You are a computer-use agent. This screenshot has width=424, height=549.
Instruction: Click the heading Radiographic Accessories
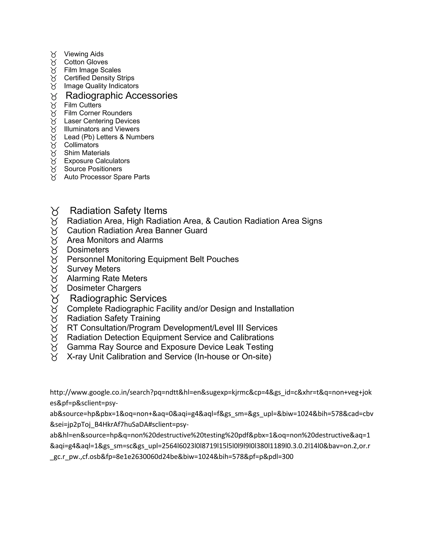tap(121, 96)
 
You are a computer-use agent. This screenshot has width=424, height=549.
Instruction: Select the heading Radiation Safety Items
tap(118, 211)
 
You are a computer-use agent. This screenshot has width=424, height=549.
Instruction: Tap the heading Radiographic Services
tap(118, 298)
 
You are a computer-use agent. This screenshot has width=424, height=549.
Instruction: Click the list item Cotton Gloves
tap(86, 62)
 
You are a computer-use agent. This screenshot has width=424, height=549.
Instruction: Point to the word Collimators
tap(81, 145)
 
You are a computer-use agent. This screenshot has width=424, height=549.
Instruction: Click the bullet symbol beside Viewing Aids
tap(53, 54)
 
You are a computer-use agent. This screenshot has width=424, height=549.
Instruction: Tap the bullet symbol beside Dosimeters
tap(54, 250)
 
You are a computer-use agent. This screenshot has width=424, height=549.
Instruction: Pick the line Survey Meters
tap(93, 269)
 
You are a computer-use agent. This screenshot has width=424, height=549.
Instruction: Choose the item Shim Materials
tap(87, 153)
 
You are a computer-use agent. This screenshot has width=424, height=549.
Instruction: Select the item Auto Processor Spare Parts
tap(107, 177)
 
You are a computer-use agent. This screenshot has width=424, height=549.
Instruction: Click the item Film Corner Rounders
tap(98, 113)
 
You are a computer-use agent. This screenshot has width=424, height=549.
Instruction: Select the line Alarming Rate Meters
tap(107, 278)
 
